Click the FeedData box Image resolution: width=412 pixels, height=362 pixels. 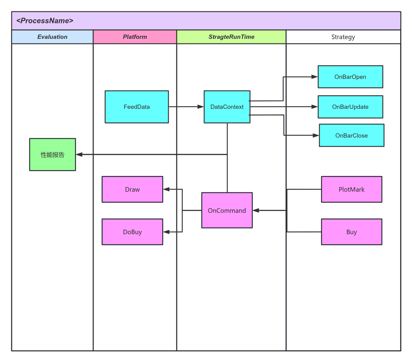click(136, 107)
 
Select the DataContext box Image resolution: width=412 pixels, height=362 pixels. click(227, 107)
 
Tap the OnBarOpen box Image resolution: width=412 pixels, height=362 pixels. click(350, 77)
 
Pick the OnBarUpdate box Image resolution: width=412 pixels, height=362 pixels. click(350, 107)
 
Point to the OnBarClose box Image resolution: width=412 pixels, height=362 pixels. click(351, 135)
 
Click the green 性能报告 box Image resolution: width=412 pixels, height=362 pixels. click(53, 154)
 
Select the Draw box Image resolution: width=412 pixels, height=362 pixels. click(132, 189)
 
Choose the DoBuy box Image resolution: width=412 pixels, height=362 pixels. click(132, 232)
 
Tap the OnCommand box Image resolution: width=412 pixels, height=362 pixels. click(227, 210)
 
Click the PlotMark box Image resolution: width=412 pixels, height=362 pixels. click(351, 189)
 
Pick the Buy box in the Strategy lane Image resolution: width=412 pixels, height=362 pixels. click(351, 232)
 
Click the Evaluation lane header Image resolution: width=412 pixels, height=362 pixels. click(52, 37)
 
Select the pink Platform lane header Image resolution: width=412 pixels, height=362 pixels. click(135, 37)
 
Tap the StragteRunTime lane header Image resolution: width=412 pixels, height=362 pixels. click(231, 37)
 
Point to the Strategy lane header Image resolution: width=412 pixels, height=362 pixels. click(343, 37)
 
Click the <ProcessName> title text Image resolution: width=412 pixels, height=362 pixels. click(45, 20)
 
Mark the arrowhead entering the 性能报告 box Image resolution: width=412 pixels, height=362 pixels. click(79, 154)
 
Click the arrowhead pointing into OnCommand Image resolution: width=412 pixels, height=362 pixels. click(256, 210)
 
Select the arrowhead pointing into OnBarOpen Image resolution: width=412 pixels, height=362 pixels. click(315, 77)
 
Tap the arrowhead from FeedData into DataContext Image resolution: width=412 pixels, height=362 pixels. click(200, 107)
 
